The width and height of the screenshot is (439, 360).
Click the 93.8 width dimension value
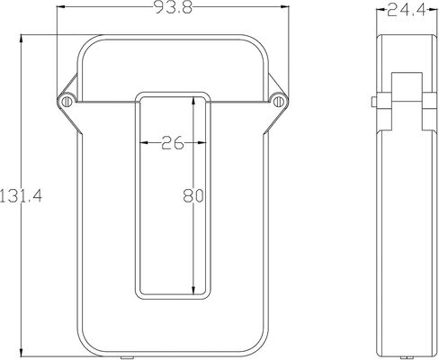coord(174,7)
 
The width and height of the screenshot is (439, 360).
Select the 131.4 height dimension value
coord(21,196)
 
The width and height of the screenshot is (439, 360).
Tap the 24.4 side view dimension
coord(407,11)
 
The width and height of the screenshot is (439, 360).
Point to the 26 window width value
coord(173,142)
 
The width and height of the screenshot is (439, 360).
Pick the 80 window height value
coord(193,196)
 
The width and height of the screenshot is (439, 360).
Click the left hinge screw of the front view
coord(67,102)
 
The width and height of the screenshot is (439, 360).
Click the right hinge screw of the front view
coord(279,102)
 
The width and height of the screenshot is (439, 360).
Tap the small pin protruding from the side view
coord(374,102)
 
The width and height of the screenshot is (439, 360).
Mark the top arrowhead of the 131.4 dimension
coord(21,40)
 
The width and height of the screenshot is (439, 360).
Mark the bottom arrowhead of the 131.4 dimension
coord(21,352)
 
